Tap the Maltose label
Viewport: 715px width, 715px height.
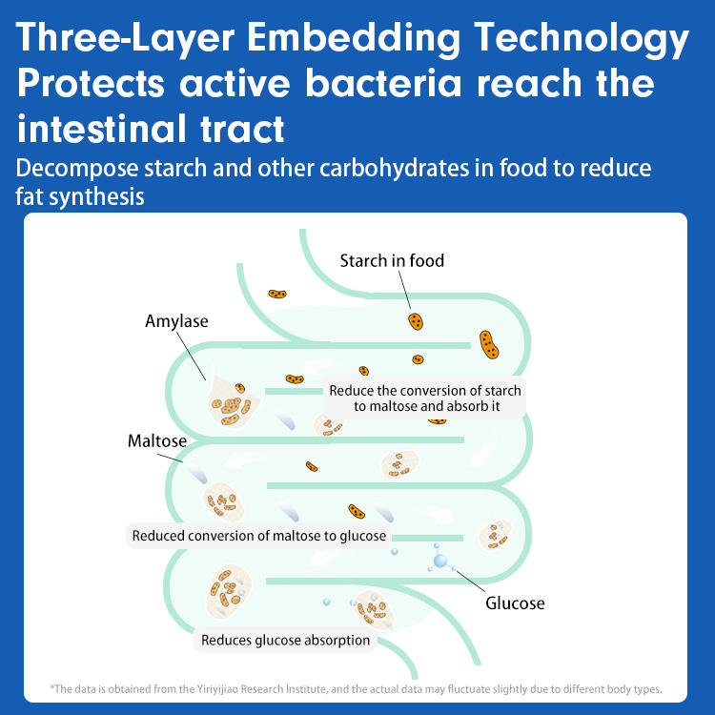click(x=157, y=441)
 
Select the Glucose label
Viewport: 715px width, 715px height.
click(x=515, y=603)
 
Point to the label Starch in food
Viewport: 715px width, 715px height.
click(x=392, y=260)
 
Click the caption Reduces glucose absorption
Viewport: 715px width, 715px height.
click(x=285, y=641)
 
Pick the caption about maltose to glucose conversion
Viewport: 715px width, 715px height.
click(x=258, y=536)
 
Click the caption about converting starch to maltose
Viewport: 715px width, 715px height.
click(x=425, y=398)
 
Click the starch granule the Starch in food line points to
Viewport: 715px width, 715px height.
click(x=416, y=320)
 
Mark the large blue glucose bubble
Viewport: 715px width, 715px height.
click(x=439, y=561)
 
